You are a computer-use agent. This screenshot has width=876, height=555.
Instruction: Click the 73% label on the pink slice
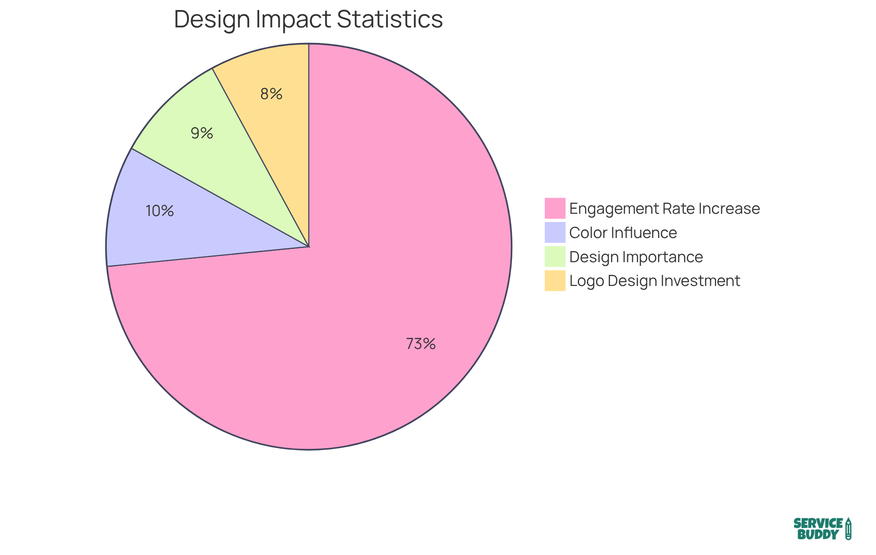pyautogui.click(x=421, y=344)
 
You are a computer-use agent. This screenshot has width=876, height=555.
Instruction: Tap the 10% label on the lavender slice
pyautogui.click(x=160, y=211)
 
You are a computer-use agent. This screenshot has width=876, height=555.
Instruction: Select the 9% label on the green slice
pyautogui.click(x=202, y=133)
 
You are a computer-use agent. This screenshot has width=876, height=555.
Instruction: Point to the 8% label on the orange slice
pyautogui.click(x=271, y=94)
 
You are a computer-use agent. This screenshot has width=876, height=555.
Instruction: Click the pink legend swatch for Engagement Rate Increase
pyautogui.click(x=555, y=208)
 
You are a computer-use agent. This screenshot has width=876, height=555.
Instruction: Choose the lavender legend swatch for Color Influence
pyautogui.click(x=555, y=233)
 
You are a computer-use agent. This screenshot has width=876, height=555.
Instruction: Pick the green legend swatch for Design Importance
pyautogui.click(x=555, y=257)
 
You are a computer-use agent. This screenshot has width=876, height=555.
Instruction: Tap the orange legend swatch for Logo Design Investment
pyautogui.click(x=555, y=280)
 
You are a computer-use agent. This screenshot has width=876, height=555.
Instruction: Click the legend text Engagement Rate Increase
pyautogui.click(x=664, y=209)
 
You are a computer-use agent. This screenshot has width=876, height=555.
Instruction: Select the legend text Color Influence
pyautogui.click(x=623, y=233)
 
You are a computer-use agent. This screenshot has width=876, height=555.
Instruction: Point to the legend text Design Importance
pyautogui.click(x=636, y=257)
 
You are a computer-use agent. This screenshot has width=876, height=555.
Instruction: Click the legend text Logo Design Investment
pyautogui.click(x=655, y=281)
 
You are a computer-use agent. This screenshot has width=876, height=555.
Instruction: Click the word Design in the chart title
pyautogui.click(x=211, y=20)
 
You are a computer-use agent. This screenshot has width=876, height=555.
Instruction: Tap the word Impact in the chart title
pyautogui.click(x=292, y=20)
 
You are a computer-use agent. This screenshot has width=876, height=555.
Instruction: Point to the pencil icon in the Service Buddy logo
pyautogui.click(x=848, y=529)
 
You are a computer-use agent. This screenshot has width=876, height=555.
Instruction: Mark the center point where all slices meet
pyautogui.click(x=309, y=247)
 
